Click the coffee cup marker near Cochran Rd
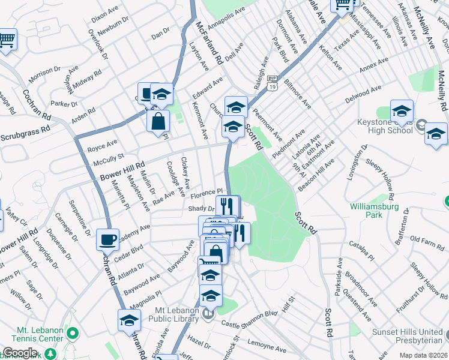click(107, 240)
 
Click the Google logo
click(20, 353)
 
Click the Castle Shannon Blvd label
click(250, 319)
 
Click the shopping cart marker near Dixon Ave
click(7, 41)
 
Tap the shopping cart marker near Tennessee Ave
click(342, 5)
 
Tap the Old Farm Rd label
click(426, 240)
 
